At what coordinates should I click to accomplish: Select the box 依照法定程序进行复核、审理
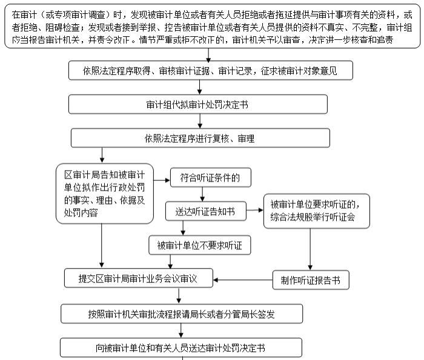(199, 139)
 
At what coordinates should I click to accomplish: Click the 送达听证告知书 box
(206, 211)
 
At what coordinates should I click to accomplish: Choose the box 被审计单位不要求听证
(199, 245)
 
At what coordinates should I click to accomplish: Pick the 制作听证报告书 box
(311, 280)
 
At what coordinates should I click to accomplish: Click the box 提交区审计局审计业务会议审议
(139, 279)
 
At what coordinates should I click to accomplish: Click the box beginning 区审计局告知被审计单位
(104, 193)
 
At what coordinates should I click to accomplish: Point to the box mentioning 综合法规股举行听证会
(316, 210)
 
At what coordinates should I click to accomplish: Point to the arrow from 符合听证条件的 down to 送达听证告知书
(202, 194)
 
